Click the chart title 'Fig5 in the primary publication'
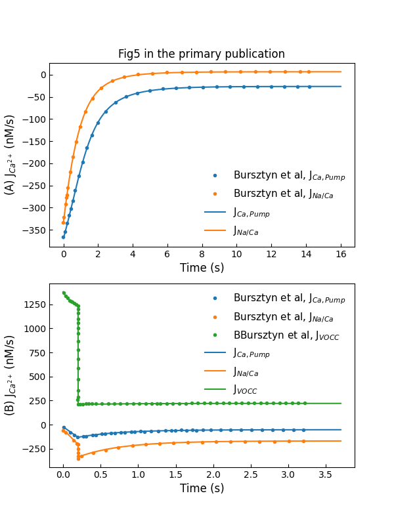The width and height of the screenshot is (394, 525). coord(202,54)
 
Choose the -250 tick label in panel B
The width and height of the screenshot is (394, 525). coord(32,449)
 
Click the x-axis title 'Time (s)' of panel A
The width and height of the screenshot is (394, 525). coord(202,268)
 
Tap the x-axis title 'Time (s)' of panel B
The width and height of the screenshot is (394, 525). coord(202,488)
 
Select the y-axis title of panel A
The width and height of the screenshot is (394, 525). coord(11,155)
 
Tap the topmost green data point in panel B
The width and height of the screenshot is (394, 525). coord(64,293)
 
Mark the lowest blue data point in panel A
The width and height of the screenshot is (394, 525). coord(64,237)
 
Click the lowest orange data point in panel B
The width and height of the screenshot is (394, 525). coord(78,459)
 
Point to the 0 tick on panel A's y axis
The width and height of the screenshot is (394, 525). coord(41,75)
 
